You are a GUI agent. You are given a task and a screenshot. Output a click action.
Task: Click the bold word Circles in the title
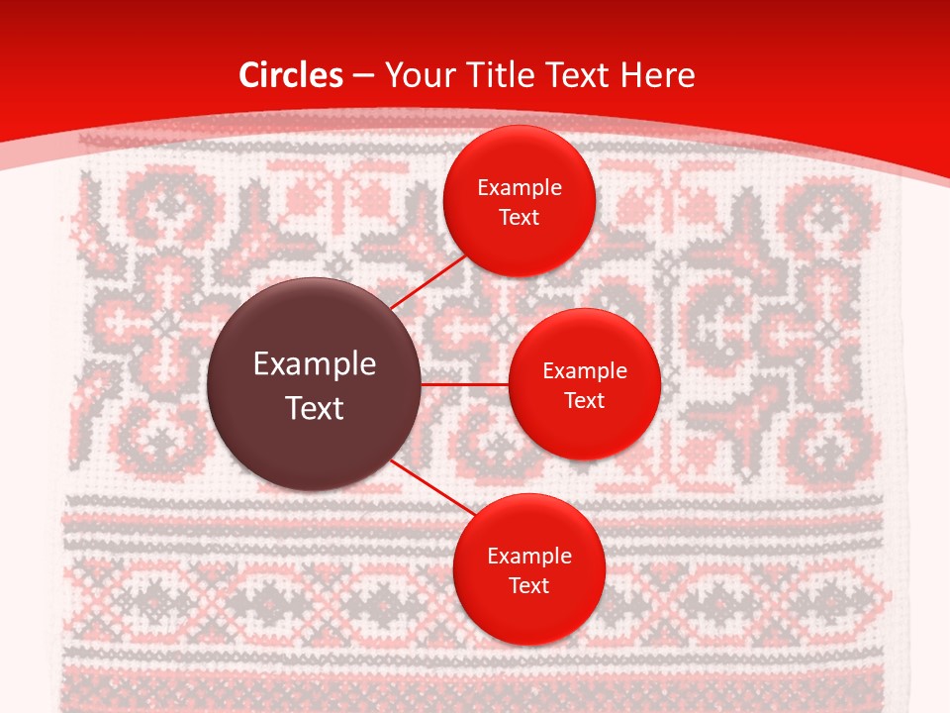pos(291,75)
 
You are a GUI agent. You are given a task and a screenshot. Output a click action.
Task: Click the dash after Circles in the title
pos(362,76)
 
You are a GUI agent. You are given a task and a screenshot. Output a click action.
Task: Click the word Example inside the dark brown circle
pos(315,364)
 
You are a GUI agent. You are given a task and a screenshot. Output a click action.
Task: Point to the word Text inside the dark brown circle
pos(315,408)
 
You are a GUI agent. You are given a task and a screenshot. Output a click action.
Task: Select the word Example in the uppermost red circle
pos(520,188)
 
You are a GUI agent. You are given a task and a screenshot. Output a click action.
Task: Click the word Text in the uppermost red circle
pos(520,217)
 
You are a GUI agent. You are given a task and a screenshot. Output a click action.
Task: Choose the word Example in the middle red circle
pos(585,371)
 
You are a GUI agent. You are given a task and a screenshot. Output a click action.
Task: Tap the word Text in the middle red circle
pos(585,400)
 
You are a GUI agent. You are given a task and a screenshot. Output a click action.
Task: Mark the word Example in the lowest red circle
pos(529,557)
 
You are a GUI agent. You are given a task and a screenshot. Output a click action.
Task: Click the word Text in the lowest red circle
pos(529,585)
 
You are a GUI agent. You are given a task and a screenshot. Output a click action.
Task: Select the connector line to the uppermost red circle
pos(430,281)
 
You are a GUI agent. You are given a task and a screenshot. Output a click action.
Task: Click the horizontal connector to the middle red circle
pos(464,384)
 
